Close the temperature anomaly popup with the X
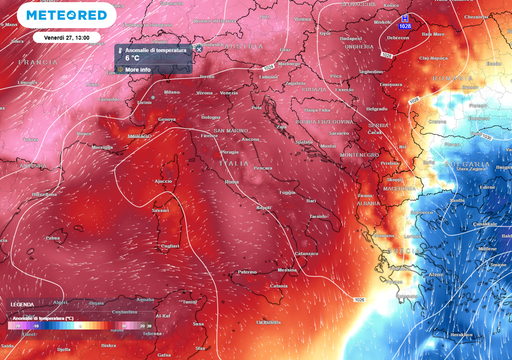pyautogui.click(x=198, y=48)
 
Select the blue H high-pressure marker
pyautogui.click(x=403, y=18)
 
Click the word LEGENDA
pyautogui.click(x=22, y=303)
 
